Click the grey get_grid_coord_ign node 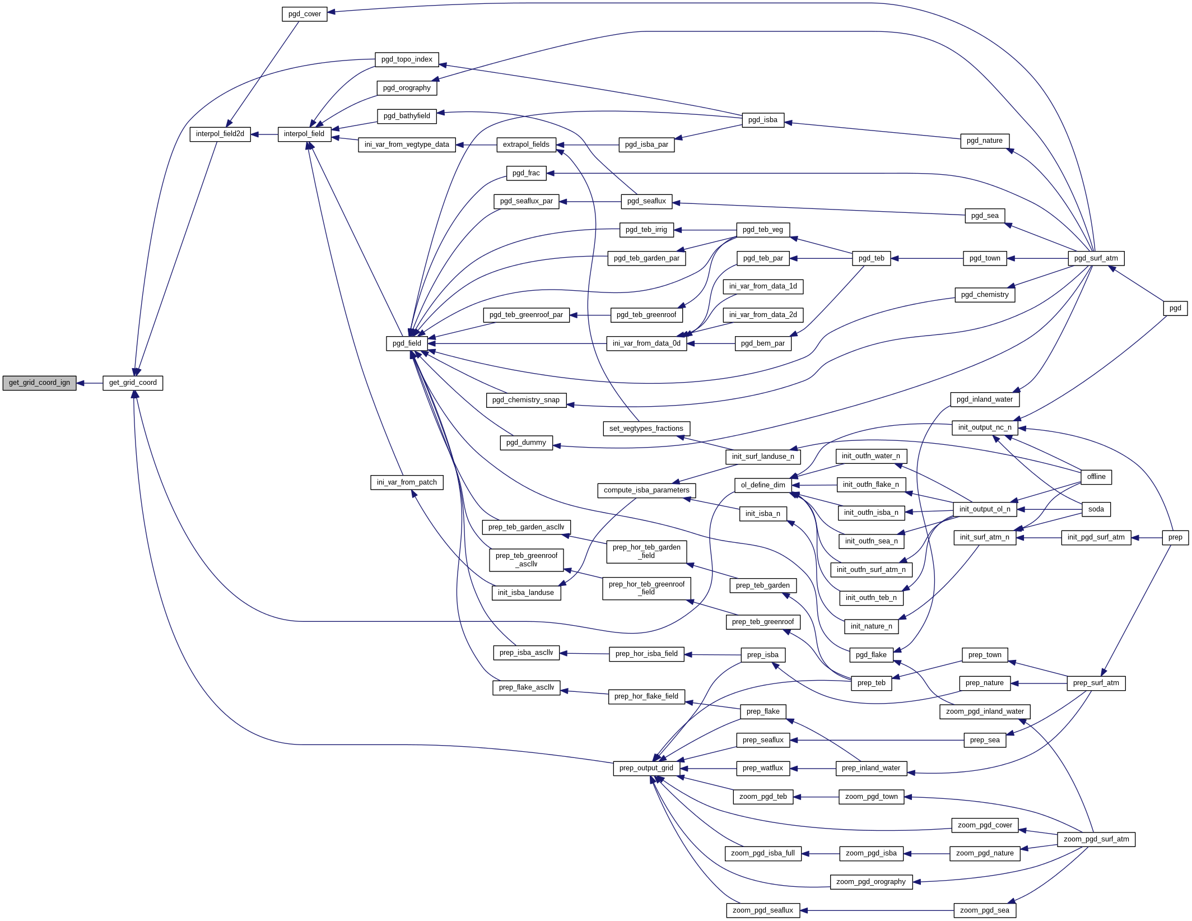[x=39, y=383]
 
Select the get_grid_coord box [x=133, y=383]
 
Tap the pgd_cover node [x=304, y=14]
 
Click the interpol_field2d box [x=220, y=134]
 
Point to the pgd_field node [x=407, y=343]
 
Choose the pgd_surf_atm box [x=1096, y=258]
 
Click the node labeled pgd [x=1175, y=308]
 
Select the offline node [x=1096, y=477]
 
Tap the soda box [x=1096, y=509]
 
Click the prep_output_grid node [x=646, y=768]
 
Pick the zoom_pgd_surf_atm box [x=1096, y=839]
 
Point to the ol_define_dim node [x=762, y=485]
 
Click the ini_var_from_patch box [x=407, y=482]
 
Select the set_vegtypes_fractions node [x=646, y=429]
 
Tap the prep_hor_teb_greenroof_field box [x=646, y=588]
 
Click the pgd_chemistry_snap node [x=525, y=400]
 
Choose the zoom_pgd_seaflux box [x=762, y=910]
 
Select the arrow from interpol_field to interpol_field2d [x=264, y=134]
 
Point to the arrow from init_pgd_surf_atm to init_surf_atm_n [x=1039, y=538]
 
